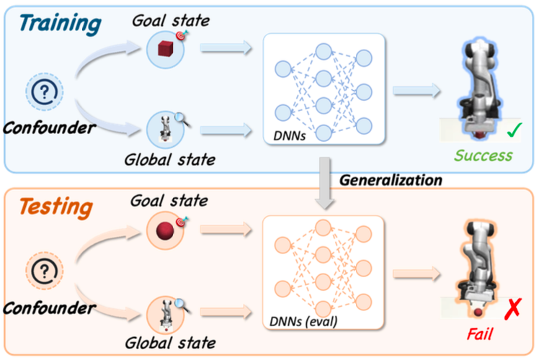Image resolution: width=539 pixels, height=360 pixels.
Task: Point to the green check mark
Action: tap(514, 130)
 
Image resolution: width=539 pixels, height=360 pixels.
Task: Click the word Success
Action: tap(483, 155)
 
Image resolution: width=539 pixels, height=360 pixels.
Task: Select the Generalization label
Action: tap(390, 180)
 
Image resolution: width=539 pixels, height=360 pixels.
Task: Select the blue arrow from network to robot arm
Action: tap(419, 90)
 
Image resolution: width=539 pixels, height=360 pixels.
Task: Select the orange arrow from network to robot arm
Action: tap(419, 274)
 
